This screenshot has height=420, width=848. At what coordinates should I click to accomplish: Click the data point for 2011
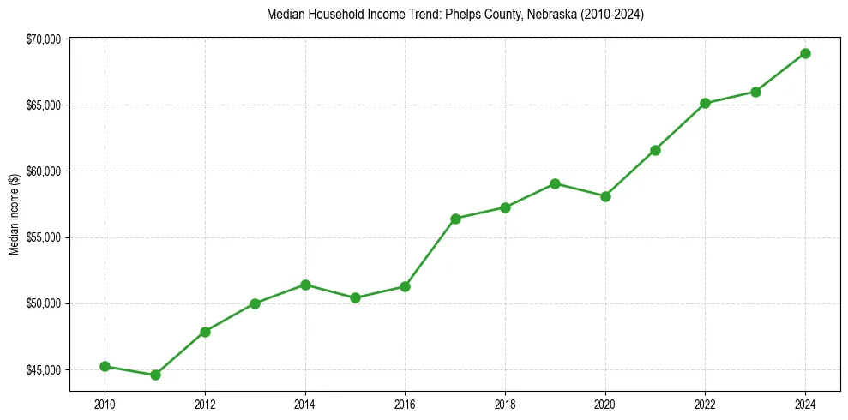point(155,375)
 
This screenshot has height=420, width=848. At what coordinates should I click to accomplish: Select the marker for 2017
point(455,219)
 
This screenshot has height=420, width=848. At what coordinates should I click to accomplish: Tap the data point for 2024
point(805,53)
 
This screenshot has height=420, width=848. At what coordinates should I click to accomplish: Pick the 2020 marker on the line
point(605,196)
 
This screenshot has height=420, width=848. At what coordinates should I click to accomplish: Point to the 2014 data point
point(305,285)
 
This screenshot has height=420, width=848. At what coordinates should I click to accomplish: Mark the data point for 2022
point(705,103)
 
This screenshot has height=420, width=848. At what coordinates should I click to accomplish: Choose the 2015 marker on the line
point(355,297)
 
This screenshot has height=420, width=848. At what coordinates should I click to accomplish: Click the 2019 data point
point(555,183)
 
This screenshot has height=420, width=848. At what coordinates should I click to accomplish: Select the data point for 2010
point(105,366)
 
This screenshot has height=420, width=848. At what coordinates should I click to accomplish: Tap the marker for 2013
point(255,303)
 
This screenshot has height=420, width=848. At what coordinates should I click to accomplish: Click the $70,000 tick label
point(43,39)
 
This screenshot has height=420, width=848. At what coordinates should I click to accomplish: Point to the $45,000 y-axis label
point(43,369)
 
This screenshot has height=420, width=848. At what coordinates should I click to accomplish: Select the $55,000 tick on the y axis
point(43,237)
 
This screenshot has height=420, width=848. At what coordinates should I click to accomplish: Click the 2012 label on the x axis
point(205,403)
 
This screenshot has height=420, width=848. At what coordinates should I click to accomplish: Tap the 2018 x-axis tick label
point(505,403)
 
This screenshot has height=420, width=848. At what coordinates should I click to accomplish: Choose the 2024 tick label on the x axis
point(805,403)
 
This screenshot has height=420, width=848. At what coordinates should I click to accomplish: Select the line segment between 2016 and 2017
point(430,252)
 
